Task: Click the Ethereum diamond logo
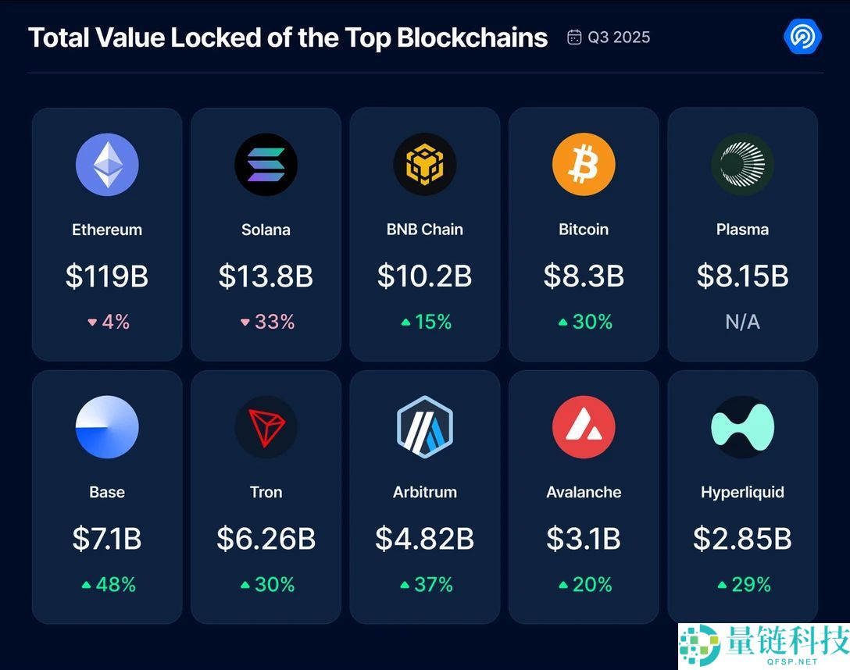pyautogui.click(x=107, y=165)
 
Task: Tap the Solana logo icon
pyautogui.click(x=266, y=165)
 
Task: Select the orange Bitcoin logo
pyautogui.click(x=584, y=165)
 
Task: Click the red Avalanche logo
pyautogui.click(x=584, y=427)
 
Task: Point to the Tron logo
pyautogui.click(x=266, y=427)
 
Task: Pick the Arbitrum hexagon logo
pyautogui.click(x=424, y=427)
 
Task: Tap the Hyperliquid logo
pyautogui.click(x=742, y=427)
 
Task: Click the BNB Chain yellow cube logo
pyautogui.click(x=424, y=165)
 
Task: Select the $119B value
pyautogui.click(x=107, y=276)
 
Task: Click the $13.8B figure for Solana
pyautogui.click(x=266, y=276)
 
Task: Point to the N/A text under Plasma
pyautogui.click(x=742, y=322)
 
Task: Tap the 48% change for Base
pyautogui.click(x=116, y=584)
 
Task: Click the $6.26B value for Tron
pyautogui.click(x=266, y=538)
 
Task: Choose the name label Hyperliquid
pyautogui.click(x=742, y=492)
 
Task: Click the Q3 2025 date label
pyautogui.click(x=619, y=37)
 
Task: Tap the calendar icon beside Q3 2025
pyautogui.click(x=574, y=37)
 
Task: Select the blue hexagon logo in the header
pyautogui.click(x=802, y=37)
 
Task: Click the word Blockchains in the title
pyautogui.click(x=473, y=37)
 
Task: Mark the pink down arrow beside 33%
pyautogui.click(x=245, y=322)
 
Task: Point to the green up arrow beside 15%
pyautogui.click(x=405, y=322)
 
